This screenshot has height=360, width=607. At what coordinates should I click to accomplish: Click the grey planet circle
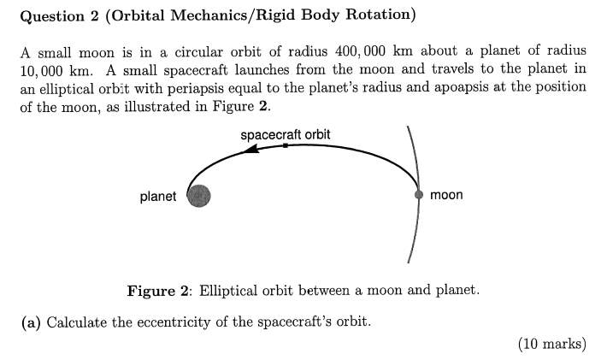pyautogui.click(x=198, y=197)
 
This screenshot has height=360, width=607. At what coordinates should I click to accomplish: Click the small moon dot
pyautogui.click(x=419, y=195)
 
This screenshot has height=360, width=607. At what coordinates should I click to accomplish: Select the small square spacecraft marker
pyautogui.click(x=285, y=145)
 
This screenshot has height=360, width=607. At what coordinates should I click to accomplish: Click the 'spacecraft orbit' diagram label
pyautogui.click(x=286, y=135)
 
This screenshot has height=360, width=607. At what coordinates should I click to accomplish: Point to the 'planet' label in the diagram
pyautogui.click(x=158, y=197)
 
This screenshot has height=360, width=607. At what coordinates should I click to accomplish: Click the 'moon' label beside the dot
pyautogui.click(x=446, y=195)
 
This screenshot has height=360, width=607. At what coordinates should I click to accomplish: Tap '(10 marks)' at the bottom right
pyautogui.click(x=552, y=344)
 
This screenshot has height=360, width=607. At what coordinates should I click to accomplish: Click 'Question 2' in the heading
pyautogui.click(x=56, y=15)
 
